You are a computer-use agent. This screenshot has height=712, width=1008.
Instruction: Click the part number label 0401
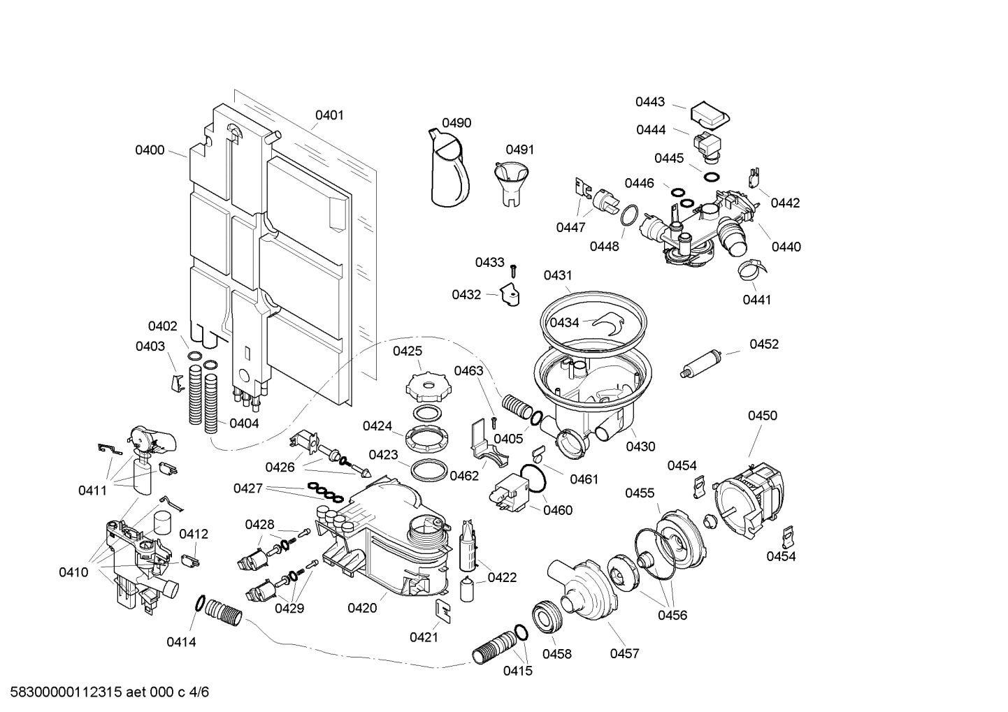(x=329, y=115)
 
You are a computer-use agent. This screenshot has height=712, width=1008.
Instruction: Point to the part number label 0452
(x=764, y=344)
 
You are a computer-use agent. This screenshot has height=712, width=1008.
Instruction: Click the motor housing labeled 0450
(x=752, y=497)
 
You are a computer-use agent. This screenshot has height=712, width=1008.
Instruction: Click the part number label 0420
(x=362, y=608)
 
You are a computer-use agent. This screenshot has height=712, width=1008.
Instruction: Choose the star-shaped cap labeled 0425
(x=424, y=386)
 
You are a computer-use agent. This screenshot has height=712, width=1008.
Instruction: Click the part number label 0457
(x=624, y=653)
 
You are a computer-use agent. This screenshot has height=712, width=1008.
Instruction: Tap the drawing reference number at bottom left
(x=105, y=692)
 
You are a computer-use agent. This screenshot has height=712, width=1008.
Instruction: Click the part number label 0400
(x=150, y=150)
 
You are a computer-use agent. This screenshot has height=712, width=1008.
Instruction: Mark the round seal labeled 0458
(x=546, y=618)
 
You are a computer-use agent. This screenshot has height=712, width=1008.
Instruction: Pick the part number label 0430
(x=640, y=446)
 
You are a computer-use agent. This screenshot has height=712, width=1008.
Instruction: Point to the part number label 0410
(x=73, y=572)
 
